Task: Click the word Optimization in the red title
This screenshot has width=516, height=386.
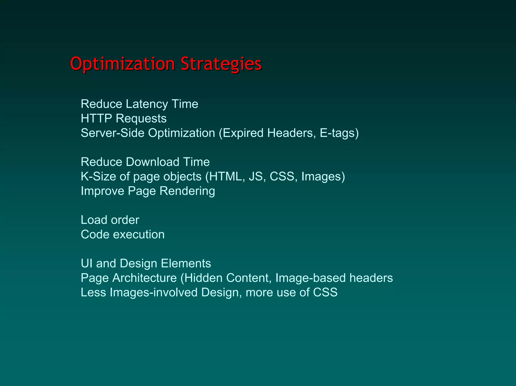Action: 122,64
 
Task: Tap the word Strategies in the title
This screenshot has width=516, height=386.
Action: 221,64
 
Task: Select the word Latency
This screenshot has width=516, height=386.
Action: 147,104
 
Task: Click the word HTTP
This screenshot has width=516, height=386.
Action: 96,118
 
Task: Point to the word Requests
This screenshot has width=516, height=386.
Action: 141,118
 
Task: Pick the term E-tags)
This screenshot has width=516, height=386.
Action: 339,133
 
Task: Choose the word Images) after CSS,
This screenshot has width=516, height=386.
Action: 323,177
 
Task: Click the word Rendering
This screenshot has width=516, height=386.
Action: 187,191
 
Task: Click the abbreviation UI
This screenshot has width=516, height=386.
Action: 86,263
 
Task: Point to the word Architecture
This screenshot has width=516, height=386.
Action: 144,278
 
